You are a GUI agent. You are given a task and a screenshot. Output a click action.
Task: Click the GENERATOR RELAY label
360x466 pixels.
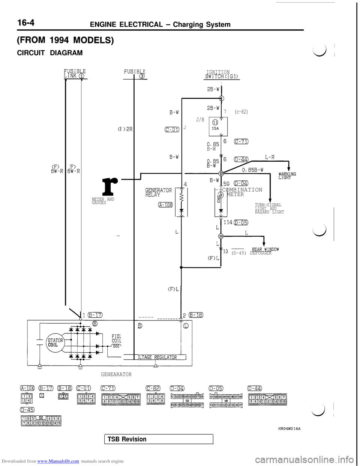tap(158, 192)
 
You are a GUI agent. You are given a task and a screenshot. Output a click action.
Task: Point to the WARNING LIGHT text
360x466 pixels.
tap(288, 176)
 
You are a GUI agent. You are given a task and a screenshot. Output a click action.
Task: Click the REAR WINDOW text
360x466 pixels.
tap(265, 250)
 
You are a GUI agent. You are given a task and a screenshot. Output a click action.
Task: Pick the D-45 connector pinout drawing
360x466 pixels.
tap(39, 421)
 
